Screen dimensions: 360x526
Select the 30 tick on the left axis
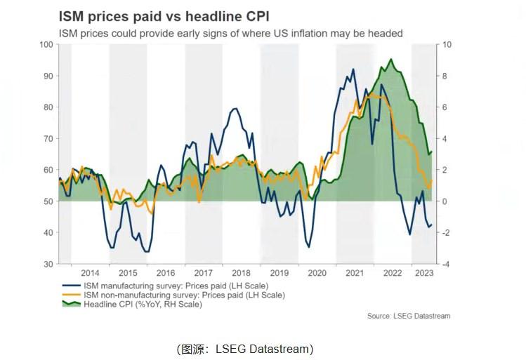[x=48, y=264]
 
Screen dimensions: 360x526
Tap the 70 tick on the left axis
[x=48, y=138]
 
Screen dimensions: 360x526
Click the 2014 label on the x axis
[x=90, y=273]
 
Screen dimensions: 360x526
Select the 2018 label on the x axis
[x=241, y=273]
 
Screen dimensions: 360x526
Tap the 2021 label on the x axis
[x=354, y=273]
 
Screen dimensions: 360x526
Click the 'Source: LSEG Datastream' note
[x=408, y=316]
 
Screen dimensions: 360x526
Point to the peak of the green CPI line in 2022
[x=391, y=59]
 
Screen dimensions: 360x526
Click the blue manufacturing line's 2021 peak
[x=353, y=69]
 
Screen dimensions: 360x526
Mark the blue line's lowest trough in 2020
[x=308, y=247]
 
